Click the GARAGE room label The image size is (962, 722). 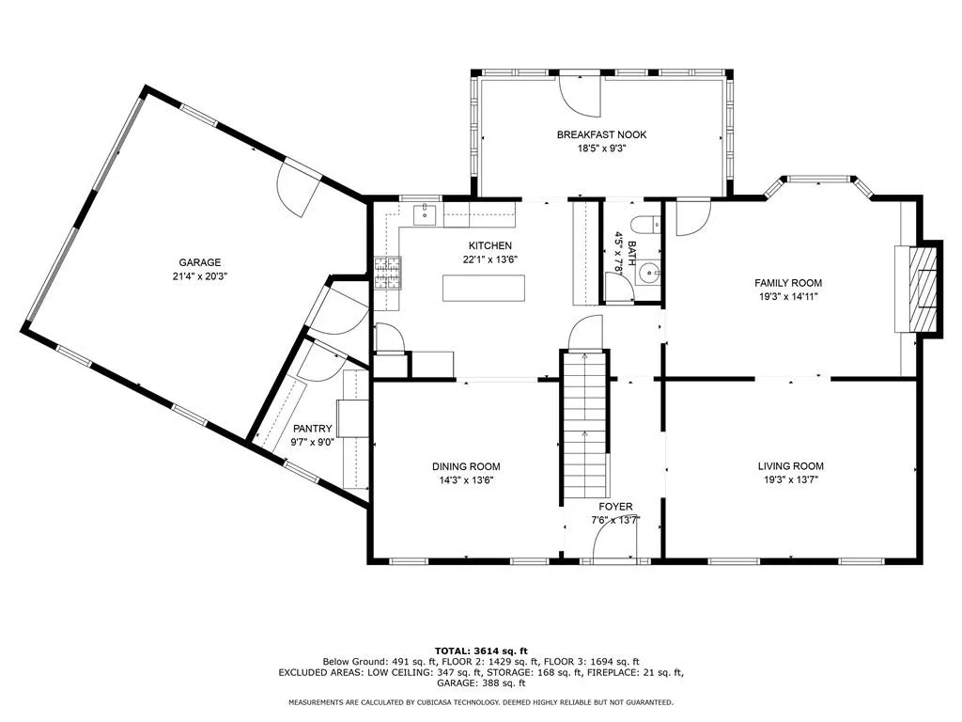coord(199,263)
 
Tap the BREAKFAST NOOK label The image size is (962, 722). coord(601,134)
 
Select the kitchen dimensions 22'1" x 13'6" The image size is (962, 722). coord(490,259)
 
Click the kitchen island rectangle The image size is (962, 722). coord(484,288)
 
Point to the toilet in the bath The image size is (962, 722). coord(645,226)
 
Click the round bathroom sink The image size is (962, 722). coord(648,272)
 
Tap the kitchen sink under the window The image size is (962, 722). coord(424,215)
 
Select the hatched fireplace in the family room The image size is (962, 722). coord(923,289)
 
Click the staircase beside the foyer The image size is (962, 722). coord(584,425)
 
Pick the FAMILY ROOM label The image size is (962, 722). coord(788,283)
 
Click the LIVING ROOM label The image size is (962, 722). coord(790,466)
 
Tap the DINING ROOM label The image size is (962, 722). coord(466,466)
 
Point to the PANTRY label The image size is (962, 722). coord(312,429)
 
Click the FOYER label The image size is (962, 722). coord(615,507)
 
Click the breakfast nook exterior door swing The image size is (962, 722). coord(581,95)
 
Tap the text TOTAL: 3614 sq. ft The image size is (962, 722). coord(481,651)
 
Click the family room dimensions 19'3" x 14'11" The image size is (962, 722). coord(788,296)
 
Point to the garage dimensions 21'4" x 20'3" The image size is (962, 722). coord(199,276)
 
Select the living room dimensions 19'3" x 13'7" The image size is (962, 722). coord(790,479)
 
